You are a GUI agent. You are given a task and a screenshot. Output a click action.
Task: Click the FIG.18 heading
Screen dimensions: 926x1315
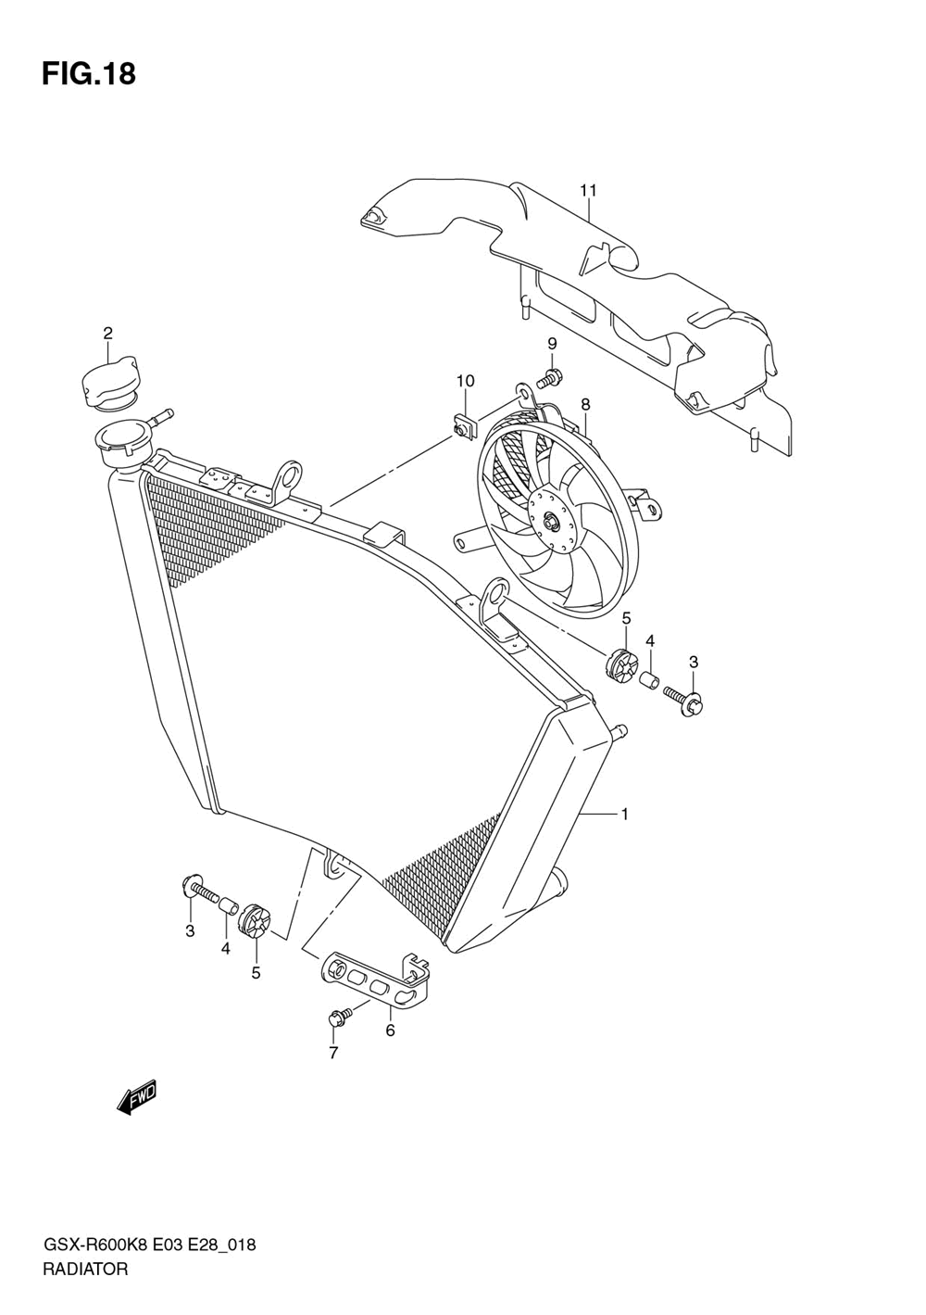click(x=89, y=74)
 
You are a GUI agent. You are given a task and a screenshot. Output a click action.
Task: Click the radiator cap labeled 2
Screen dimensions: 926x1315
click(x=107, y=385)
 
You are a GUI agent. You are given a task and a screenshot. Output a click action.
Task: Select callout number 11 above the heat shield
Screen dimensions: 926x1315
click(x=588, y=191)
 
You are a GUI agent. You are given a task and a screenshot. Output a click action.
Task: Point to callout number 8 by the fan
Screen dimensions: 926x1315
click(x=585, y=404)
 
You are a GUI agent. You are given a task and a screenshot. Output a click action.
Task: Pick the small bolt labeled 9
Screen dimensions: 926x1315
click(x=548, y=378)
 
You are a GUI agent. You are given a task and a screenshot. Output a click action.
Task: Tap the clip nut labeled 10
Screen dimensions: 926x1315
click(x=463, y=425)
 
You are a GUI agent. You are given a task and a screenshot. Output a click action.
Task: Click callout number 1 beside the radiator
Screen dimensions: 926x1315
click(x=625, y=815)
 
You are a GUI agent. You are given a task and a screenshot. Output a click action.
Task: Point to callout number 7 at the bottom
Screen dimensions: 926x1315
click(x=333, y=1053)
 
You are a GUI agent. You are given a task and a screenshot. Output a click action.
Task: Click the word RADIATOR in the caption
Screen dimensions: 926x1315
click(x=85, y=1270)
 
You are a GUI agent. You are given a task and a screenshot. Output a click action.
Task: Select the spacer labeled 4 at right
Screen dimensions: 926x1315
click(x=651, y=683)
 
